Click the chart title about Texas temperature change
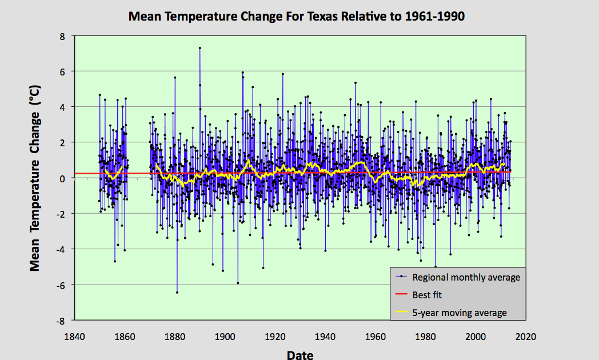296,16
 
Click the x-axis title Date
299,355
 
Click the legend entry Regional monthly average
466,277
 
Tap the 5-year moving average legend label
460,313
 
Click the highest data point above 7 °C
199,48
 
